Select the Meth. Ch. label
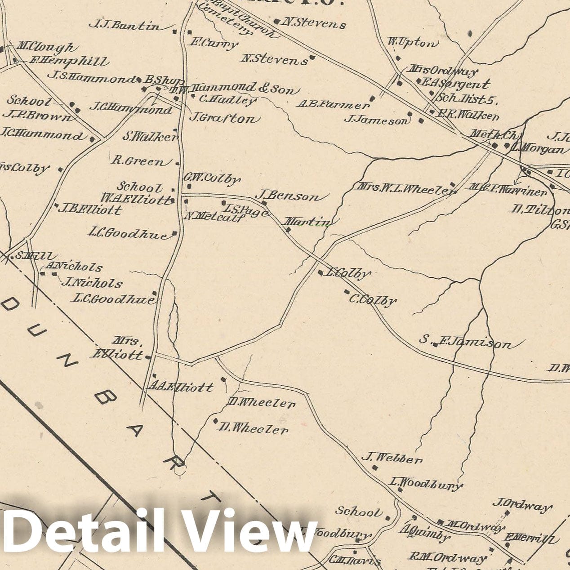tap(494, 134)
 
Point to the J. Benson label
tap(288, 196)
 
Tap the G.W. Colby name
tap(212, 179)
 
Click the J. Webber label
tap(392, 458)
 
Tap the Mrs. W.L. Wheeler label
tap(406, 188)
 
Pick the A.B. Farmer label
tap(333, 104)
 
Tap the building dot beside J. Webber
tap(375, 468)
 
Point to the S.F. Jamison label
tap(465, 343)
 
